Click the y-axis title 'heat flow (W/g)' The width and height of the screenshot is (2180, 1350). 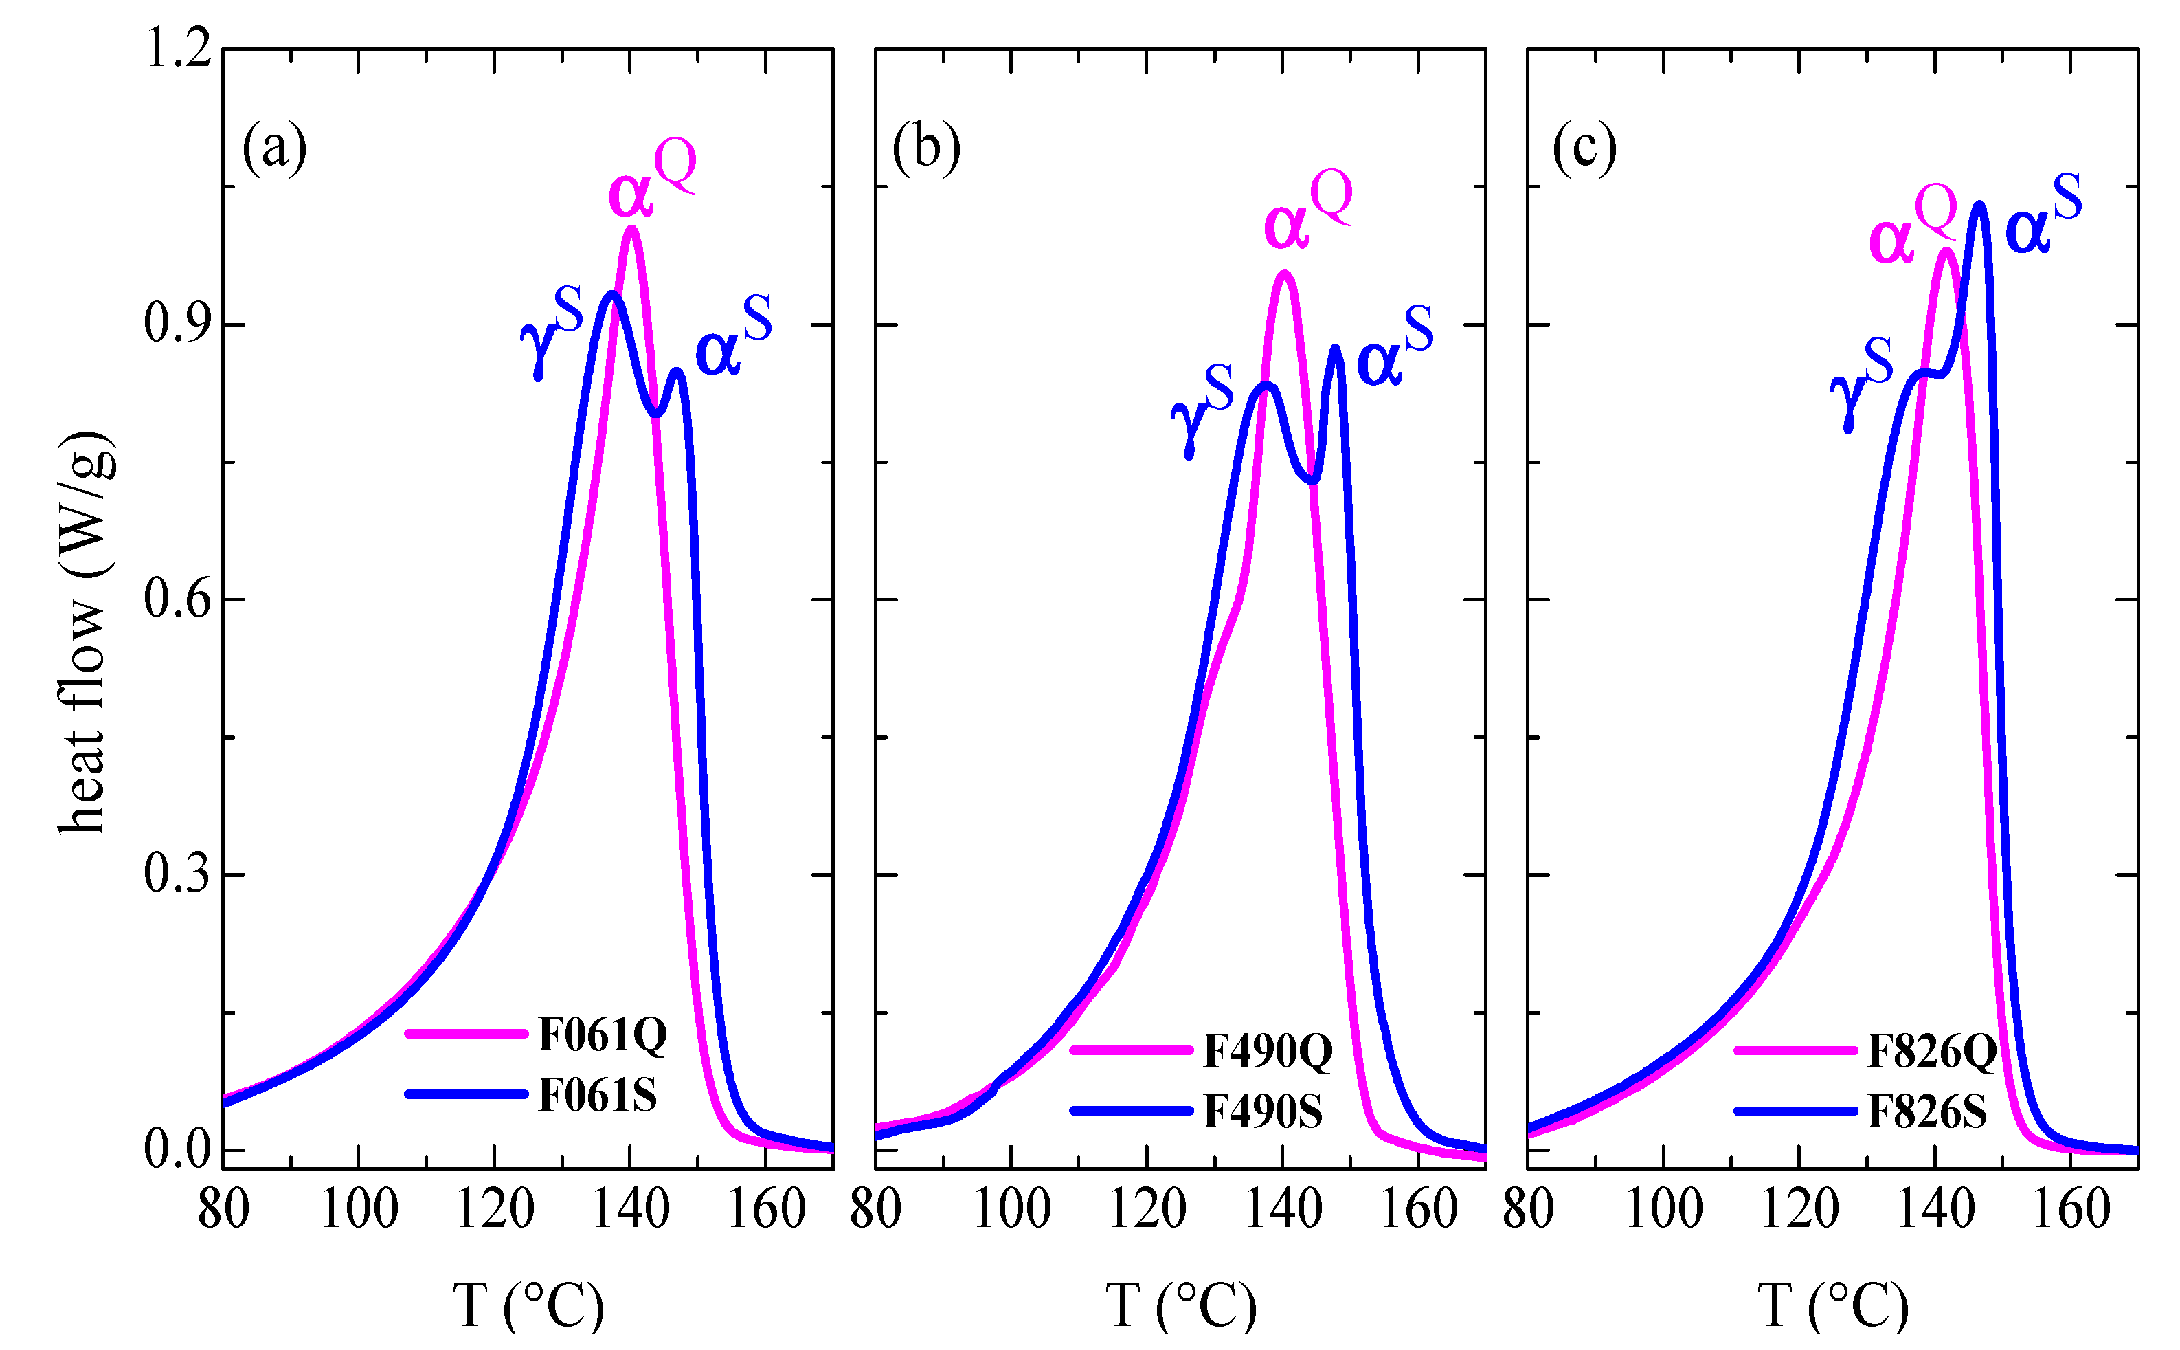tap(85, 634)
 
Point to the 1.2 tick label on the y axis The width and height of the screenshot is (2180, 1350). tap(179, 49)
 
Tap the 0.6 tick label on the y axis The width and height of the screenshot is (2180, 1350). tap(179, 599)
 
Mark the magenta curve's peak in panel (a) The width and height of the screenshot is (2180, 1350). tap(632, 229)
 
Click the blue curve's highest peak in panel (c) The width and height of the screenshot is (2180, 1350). tap(1979, 206)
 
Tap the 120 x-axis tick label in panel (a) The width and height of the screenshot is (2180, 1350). tap(495, 1210)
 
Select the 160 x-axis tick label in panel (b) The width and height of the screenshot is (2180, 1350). tap(1418, 1210)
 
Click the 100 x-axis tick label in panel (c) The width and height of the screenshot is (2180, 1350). tap(1663, 1210)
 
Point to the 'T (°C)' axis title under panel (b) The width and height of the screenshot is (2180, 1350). tap(1180, 1305)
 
